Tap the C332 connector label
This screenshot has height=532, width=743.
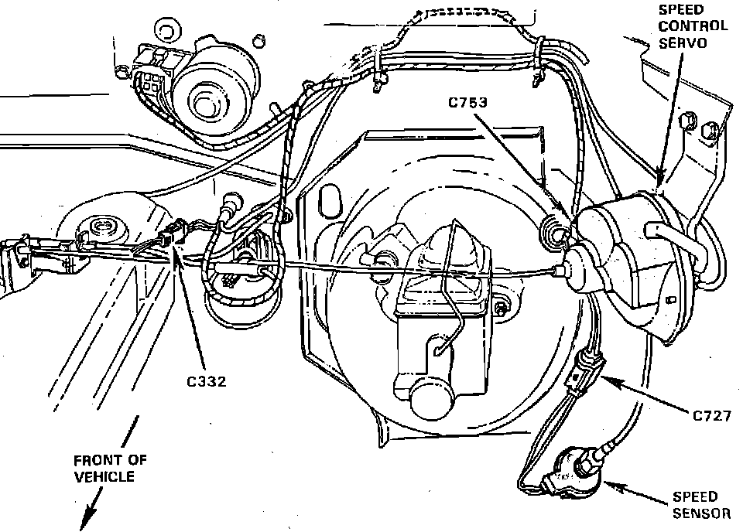[206, 381]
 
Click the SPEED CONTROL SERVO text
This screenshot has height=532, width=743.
[693, 25]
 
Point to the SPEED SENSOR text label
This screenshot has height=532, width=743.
[695, 504]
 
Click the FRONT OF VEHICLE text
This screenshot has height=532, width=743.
[111, 468]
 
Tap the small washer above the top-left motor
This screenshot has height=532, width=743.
[165, 32]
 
